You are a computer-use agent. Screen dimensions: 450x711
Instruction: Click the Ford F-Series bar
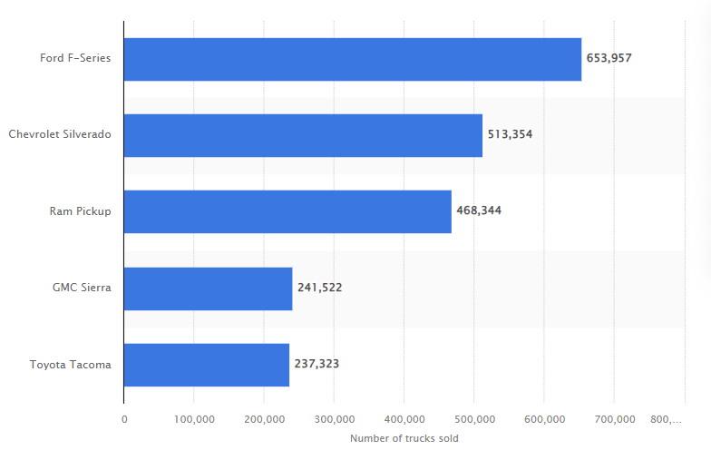pos(352,59)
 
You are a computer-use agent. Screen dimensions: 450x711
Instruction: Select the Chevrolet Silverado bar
pos(303,135)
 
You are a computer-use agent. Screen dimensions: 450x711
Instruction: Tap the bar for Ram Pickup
pos(287,211)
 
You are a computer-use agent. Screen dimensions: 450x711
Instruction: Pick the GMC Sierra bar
pos(208,289)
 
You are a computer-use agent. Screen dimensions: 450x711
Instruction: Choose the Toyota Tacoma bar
pos(206,365)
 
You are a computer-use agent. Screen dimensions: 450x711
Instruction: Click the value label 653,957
pos(609,58)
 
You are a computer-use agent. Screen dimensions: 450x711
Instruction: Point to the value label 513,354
pos(510,134)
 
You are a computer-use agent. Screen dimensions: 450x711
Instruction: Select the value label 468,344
pos(479,210)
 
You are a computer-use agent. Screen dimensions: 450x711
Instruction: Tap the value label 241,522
pos(319,288)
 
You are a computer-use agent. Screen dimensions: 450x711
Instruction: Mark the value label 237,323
pos(317,364)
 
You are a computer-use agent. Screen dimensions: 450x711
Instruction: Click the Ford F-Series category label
pos(75,58)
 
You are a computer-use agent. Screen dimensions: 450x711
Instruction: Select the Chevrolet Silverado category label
pos(60,134)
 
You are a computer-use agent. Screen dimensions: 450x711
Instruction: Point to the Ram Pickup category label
pos(81,211)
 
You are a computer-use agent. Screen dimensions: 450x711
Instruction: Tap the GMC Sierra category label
pos(82,288)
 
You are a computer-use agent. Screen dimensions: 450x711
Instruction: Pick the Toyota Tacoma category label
pos(71,365)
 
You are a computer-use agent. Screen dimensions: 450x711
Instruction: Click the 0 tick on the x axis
pos(124,419)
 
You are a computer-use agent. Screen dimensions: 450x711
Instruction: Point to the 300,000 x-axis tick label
pos(334,419)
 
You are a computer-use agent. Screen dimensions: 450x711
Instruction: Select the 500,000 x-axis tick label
pos(473,419)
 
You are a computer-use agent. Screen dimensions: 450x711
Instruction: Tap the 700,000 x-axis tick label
pos(614,419)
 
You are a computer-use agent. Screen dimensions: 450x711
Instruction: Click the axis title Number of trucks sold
pos(404,439)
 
